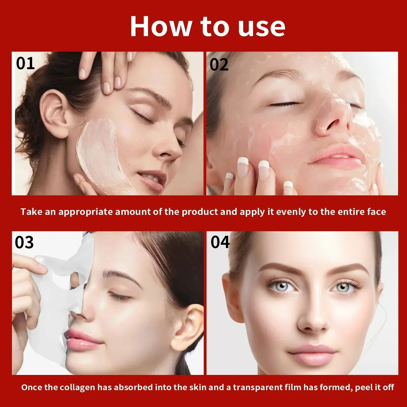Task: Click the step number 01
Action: pos(25,64)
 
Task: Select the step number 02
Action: pos(219,65)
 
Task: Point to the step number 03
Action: pos(24,242)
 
